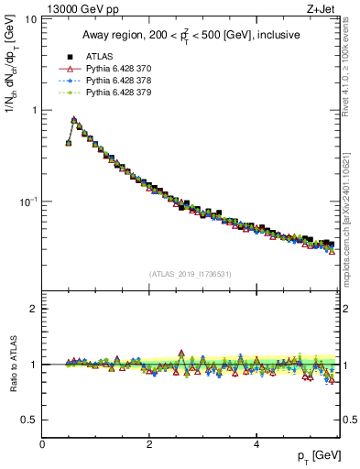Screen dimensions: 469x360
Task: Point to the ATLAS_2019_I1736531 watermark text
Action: pos(191,273)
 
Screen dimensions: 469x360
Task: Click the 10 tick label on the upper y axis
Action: pos(30,19)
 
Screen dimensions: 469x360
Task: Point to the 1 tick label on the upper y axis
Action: pos(34,110)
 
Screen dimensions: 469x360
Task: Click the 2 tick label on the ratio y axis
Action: pos(34,309)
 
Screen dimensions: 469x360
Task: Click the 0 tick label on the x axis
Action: pos(43,443)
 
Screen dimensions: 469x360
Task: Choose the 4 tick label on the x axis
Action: pos(256,443)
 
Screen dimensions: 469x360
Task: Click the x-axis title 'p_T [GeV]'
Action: pos(318,456)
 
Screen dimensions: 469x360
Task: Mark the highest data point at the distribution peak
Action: pos(74,119)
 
